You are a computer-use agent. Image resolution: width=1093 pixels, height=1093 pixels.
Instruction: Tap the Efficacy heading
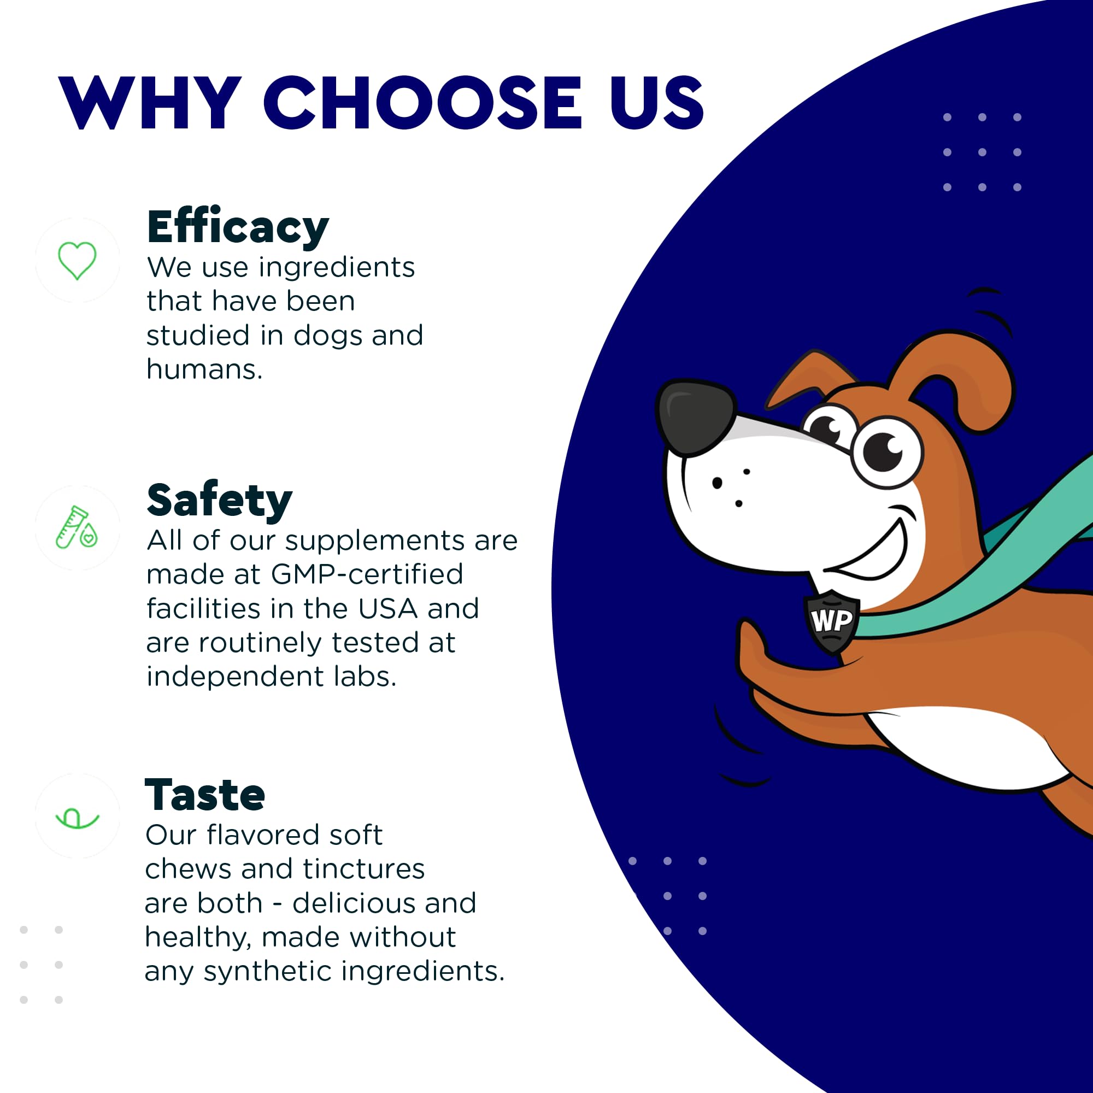click(x=238, y=227)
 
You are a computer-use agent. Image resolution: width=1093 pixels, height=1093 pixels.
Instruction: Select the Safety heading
click(x=220, y=501)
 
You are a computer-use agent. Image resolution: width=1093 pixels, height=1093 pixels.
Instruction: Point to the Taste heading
click(x=205, y=795)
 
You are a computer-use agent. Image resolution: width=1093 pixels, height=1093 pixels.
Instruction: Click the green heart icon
click(x=78, y=260)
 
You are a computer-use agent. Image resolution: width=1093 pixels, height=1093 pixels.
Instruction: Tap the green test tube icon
click(x=77, y=527)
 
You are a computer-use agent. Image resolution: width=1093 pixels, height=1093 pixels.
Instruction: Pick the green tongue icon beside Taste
click(x=78, y=818)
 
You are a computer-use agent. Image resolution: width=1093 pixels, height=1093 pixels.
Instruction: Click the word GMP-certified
click(x=367, y=575)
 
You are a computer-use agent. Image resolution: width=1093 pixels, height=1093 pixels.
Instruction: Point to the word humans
click(x=204, y=370)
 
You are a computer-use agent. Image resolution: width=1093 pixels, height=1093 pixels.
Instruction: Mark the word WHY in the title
click(x=150, y=103)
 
